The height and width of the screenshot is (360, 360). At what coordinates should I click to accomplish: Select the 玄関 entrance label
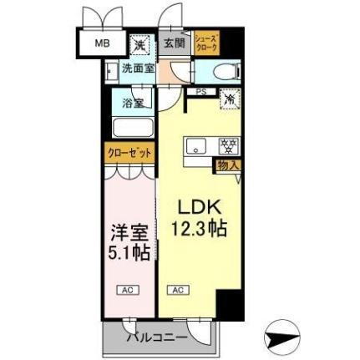point(174,43)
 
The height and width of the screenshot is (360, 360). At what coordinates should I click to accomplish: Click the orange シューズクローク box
point(205,43)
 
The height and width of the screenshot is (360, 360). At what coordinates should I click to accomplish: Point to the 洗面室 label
point(138,68)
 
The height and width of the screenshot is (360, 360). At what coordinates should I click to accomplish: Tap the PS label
point(201,91)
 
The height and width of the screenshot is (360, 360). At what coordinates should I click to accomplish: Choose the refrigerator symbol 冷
point(228,99)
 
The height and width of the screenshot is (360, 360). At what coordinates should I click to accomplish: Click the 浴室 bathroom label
point(134,104)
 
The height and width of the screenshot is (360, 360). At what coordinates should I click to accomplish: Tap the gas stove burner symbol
point(226,147)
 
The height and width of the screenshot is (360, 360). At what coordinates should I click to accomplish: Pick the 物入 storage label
point(228,165)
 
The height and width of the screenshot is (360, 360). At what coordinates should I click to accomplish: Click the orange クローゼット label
point(128,154)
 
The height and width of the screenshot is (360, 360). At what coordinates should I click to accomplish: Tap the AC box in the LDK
point(177,290)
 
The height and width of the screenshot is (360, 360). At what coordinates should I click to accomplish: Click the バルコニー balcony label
point(157,338)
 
